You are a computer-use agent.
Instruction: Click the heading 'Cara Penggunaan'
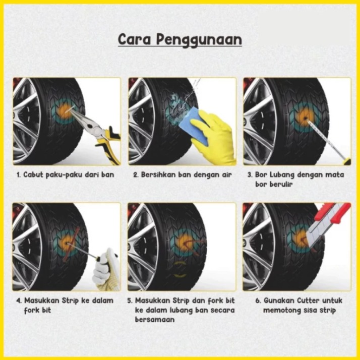pos(180,40)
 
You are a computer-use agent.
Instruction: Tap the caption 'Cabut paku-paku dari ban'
pos(66,175)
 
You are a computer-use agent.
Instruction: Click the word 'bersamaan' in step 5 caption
pos(155,320)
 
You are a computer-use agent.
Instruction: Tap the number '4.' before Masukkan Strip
pos(19,301)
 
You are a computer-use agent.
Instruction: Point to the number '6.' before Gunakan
pos(259,301)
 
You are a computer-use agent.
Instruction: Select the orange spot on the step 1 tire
pos(65,110)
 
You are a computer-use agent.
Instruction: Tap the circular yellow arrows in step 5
pos(180,269)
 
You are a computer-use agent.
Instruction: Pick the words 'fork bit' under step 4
pos(37,310)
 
